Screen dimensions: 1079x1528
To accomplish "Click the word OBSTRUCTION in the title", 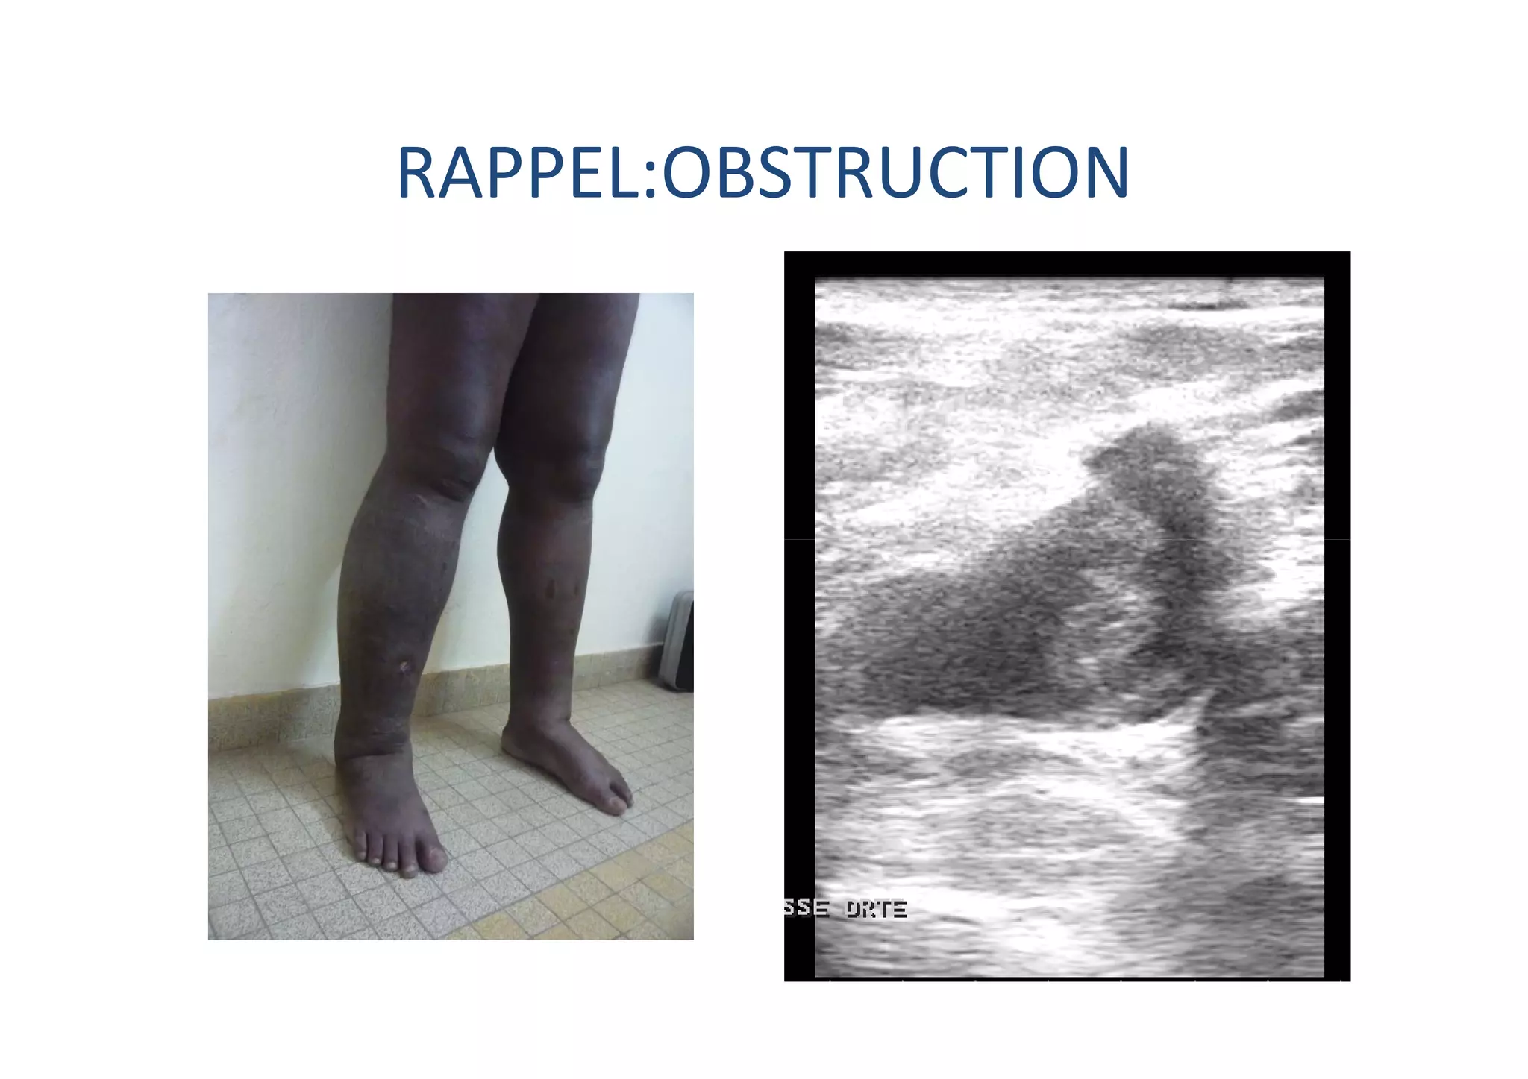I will (x=895, y=174).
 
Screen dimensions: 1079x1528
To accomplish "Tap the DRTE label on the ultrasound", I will (x=876, y=909).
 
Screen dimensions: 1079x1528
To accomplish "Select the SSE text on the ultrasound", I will (x=806, y=908).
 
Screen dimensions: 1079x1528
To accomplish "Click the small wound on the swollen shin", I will (x=406, y=666).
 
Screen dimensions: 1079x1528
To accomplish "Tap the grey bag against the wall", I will (x=676, y=641).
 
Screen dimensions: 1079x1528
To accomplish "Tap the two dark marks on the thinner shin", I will (x=563, y=589).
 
